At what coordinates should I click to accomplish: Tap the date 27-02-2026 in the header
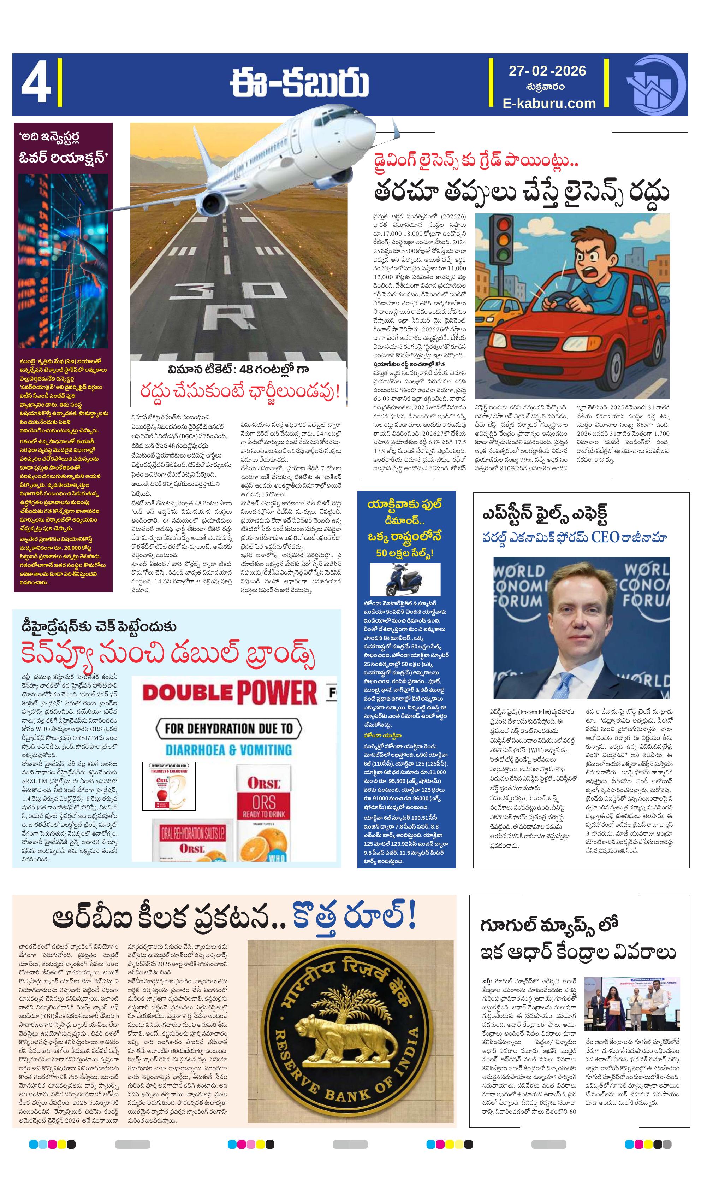[x=547, y=71]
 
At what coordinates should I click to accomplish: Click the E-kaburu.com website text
[x=549, y=103]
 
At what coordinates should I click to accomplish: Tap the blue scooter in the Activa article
[x=403, y=579]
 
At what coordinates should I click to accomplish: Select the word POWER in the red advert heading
[x=277, y=693]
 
